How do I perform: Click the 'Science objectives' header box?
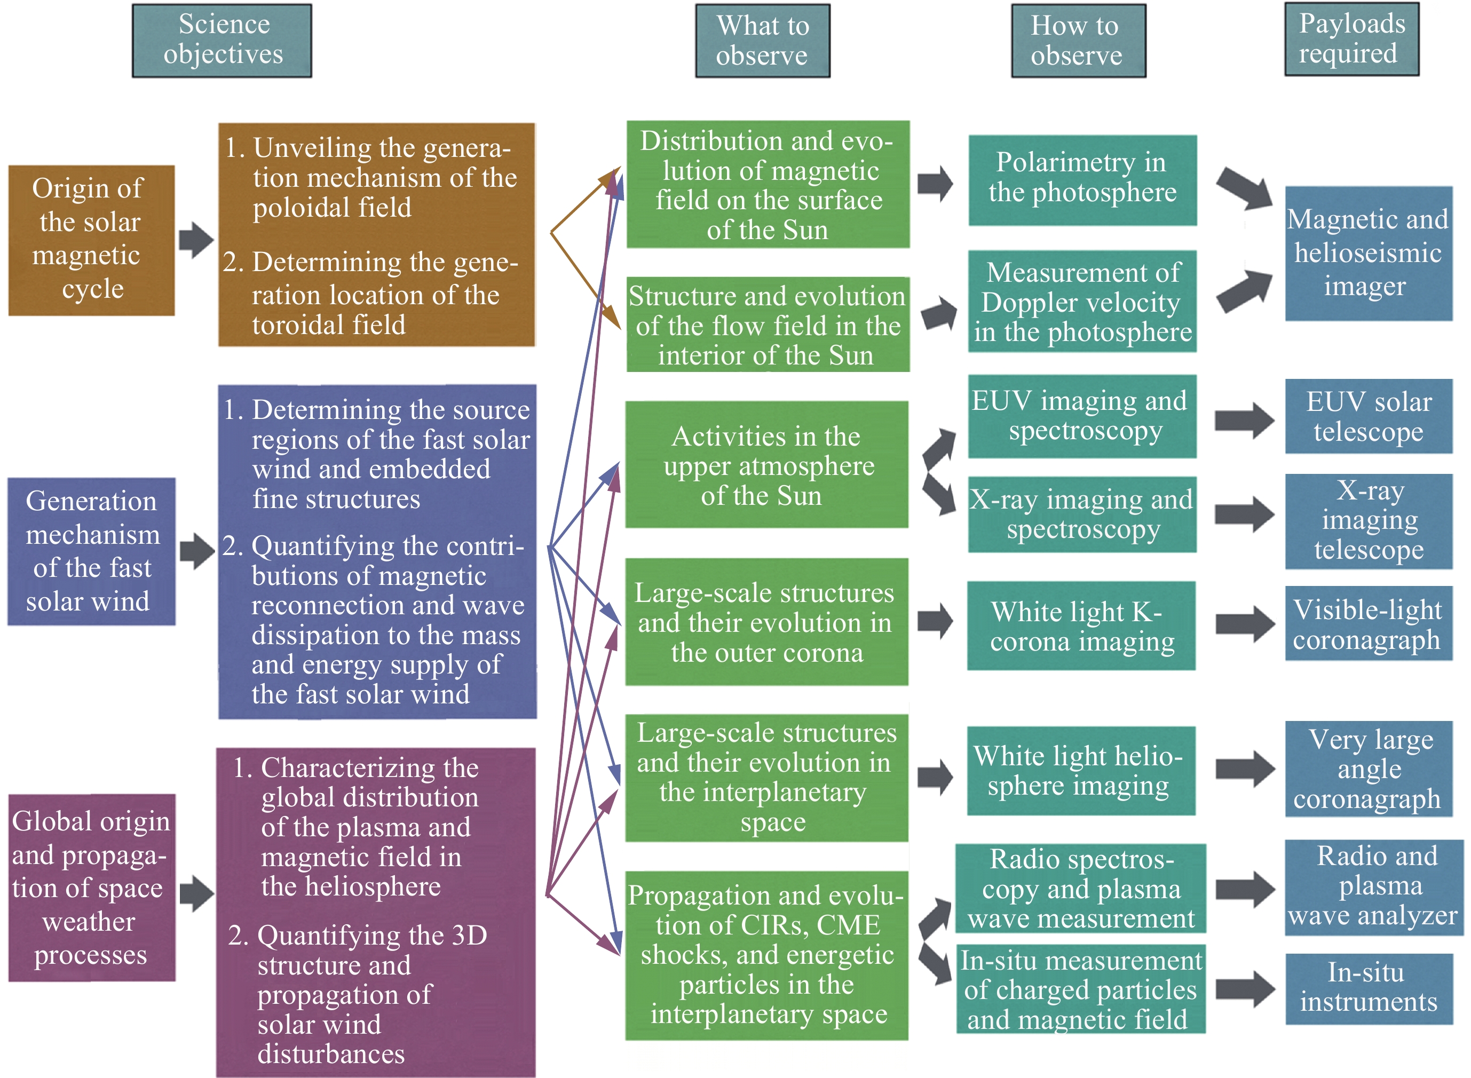pyautogui.click(x=222, y=41)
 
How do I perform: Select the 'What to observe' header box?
pyautogui.click(x=762, y=41)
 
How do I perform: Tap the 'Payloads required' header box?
pyautogui.click(x=1351, y=39)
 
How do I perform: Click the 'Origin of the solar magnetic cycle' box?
pyautogui.click(x=91, y=240)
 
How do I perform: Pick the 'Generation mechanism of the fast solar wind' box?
pyautogui.click(x=91, y=551)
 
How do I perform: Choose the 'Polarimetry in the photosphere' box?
pyautogui.click(x=1082, y=180)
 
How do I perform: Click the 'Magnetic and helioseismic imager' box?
pyautogui.click(x=1369, y=253)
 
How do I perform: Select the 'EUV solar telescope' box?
pyautogui.click(x=1369, y=416)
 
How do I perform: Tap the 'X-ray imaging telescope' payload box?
pyautogui.click(x=1369, y=521)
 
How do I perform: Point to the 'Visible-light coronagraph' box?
pyautogui.click(x=1369, y=624)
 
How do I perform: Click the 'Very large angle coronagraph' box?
pyautogui.click(x=1369, y=768)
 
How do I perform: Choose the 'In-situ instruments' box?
pyautogui.click(x=1369, y=988)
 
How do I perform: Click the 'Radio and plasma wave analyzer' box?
pyautogui.click(x=1373, y=887)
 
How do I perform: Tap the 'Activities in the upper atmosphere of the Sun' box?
pyautogui.click(x=766, y=465)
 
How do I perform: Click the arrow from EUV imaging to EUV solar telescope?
pyautogui.click(x=1244, y=419)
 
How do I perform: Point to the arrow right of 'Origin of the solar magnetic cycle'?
pyautogui.click(x=196, y=240)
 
